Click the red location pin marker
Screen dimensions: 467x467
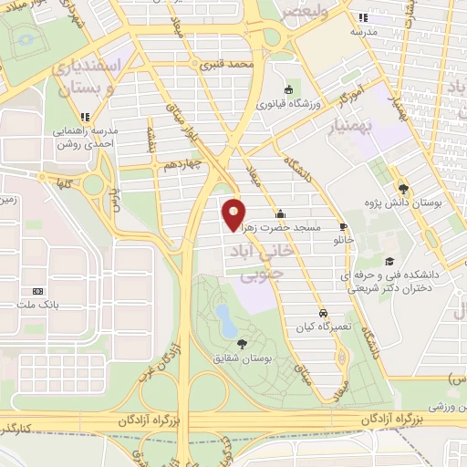[234, 213]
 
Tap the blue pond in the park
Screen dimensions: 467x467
[223, 317]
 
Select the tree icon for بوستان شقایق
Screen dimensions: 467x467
[241, 343]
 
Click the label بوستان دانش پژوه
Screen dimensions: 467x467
[405, 203]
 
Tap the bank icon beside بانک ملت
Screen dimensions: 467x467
[25, 292]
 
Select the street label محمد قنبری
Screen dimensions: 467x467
[227, 66]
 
